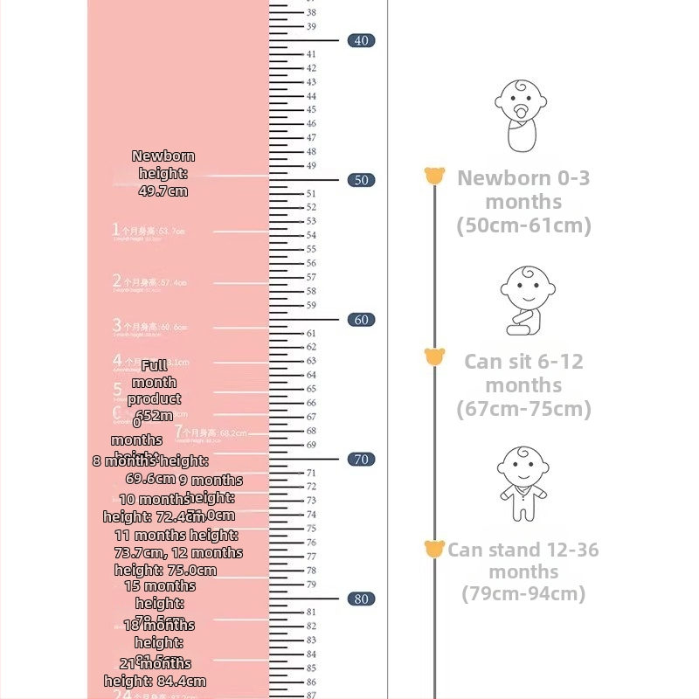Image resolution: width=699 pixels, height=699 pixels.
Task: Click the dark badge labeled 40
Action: click(361, 40)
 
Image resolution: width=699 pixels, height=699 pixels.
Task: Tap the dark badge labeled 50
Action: click(361, 180)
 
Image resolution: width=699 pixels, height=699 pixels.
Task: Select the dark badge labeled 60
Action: click(361, 320)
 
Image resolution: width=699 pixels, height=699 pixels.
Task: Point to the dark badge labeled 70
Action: click(361, 460)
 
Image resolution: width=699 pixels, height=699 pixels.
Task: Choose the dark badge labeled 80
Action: click(361, 599)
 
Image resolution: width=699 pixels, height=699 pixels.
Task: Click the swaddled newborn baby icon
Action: click(523, 116)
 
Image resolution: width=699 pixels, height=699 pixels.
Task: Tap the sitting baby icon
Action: click(527, 300)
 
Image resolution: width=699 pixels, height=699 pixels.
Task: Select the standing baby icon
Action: click(523, 485)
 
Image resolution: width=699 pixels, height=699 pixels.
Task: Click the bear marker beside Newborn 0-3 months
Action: click(434, 176)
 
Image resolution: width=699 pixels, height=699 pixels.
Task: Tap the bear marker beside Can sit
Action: click(434, 356)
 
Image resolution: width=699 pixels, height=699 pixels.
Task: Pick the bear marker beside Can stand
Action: click(434, 549)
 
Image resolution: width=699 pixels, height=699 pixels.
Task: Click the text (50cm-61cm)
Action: click(523, 225)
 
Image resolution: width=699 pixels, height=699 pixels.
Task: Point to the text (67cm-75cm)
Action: click(523, 409)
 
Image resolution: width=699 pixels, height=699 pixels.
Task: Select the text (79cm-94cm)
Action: click(523, 594)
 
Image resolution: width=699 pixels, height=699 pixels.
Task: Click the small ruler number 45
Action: click(311, 110)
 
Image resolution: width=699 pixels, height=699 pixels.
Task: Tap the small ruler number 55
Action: click(311, 249)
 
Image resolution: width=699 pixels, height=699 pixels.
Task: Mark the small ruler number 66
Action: click(311, 403)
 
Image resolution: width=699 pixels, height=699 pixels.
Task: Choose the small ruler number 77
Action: click(311, 557)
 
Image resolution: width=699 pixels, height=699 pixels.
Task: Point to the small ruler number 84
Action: click(311, 654)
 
